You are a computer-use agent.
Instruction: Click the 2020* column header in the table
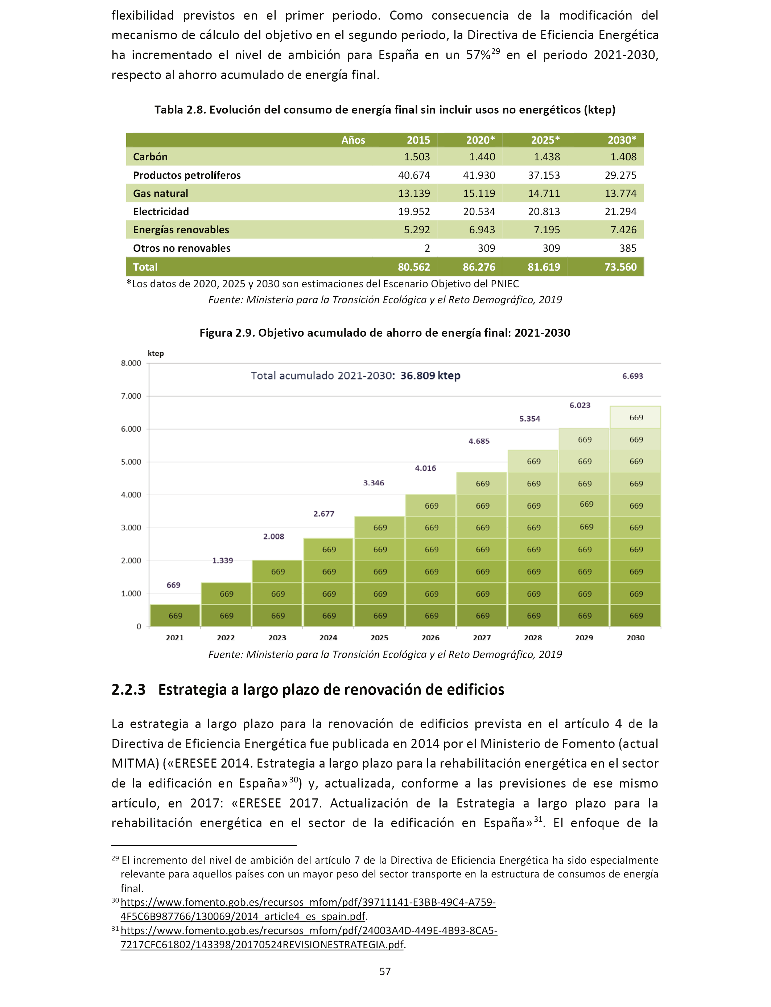pos(480,140)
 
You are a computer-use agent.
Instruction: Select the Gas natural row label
pos(160,193)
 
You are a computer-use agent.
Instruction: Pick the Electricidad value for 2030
pos(620,211)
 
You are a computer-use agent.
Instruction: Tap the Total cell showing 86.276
pos(479,267)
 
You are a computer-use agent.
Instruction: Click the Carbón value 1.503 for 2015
pos(417,157)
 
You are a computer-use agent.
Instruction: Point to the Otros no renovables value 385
pos(628,248)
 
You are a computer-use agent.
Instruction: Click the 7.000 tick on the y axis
pos(131,396)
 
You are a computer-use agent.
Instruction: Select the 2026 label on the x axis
pos(430,637)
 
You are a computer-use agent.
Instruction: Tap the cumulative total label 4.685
pos(479,441)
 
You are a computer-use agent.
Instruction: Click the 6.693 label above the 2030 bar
pos(632,376)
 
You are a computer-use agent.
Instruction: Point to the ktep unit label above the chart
pos(156,353)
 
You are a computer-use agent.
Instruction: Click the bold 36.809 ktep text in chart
pos(430,375)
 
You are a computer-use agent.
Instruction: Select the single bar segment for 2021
pos(175,616)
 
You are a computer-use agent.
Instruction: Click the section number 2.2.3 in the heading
pos(128,690)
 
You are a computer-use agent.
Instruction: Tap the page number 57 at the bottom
pos(385,971)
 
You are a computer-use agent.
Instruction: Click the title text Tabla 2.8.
pos(180,110)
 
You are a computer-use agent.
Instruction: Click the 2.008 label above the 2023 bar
pos(273,537)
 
